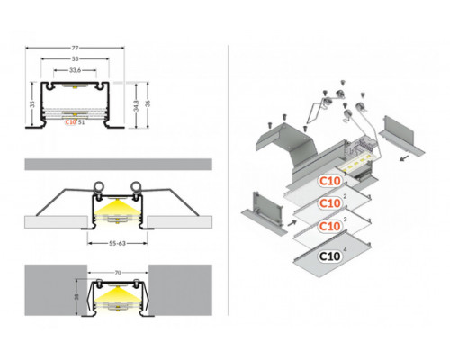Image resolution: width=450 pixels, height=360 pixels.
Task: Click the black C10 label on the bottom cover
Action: click(x=329, y=256)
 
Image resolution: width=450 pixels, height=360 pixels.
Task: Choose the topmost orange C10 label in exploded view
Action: click(x=330, y=179)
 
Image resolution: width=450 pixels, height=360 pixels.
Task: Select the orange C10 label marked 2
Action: click(x=330, y=204)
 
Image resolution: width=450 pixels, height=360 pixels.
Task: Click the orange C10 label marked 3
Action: click(x=330, y=229)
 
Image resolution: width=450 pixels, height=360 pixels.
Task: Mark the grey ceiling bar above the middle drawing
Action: click(x=118, y=164)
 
